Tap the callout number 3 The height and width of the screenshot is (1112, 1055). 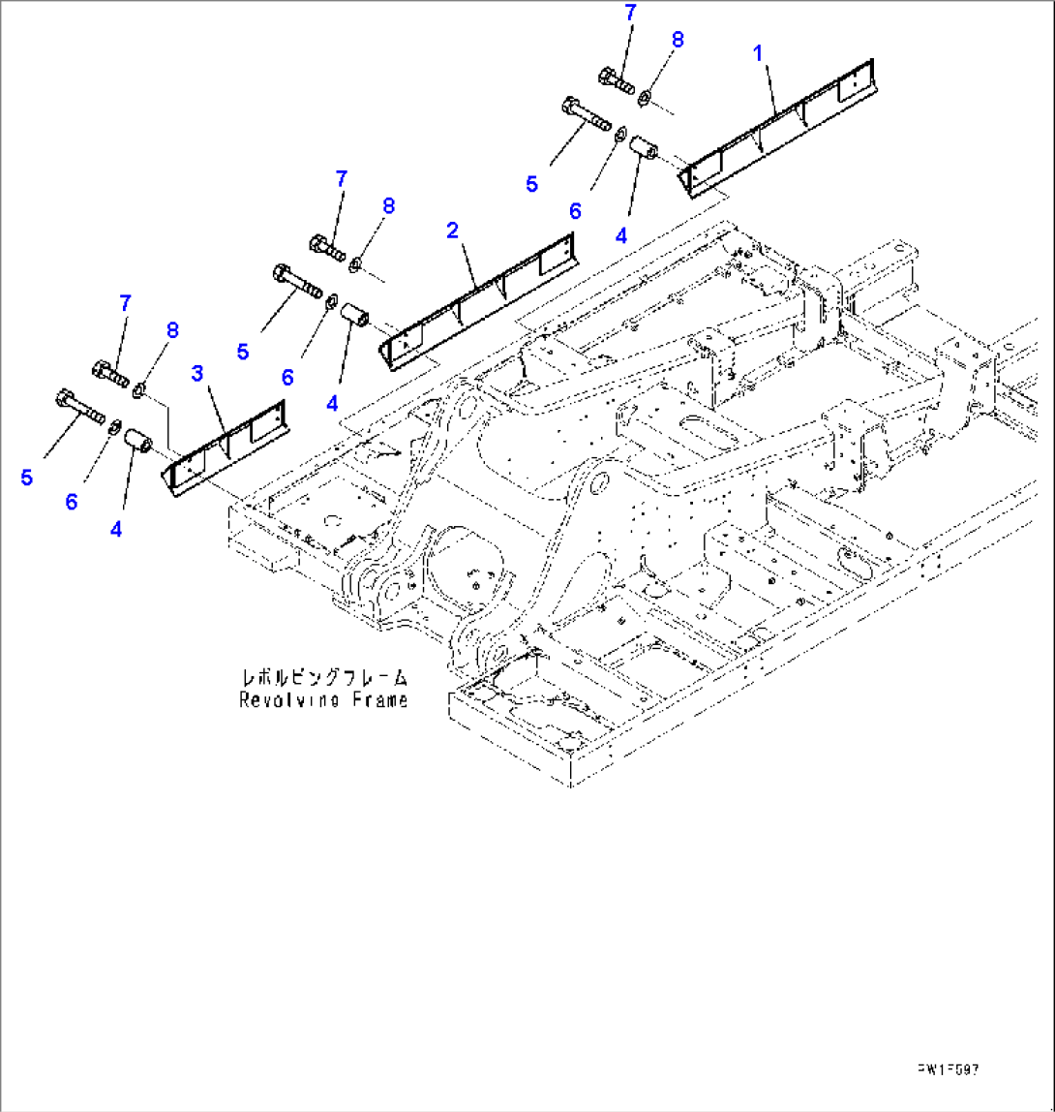click(x=198, y=372)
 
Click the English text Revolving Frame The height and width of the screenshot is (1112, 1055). click(x=324, y=700)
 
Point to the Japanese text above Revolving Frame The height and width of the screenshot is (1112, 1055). click(x=324, y=677)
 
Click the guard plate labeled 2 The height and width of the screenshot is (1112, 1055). click(x=479, y=299)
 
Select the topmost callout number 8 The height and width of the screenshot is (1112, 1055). click(x=677, y=41)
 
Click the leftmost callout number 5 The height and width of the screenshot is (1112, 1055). click(x=26, y=478)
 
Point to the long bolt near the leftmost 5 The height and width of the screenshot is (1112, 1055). click(x=81, y=406)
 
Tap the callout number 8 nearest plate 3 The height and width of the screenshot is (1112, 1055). click(x=172, y=330)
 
